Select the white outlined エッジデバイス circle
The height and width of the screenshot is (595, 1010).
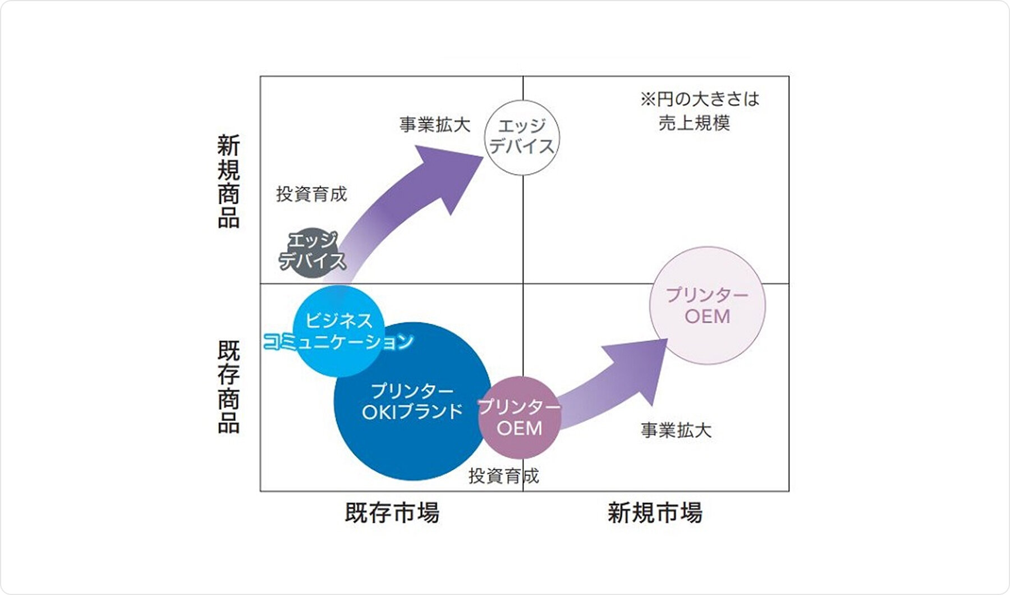click(x=522, y=138)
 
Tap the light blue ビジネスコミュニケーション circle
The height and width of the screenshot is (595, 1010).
click(x=339, y=331)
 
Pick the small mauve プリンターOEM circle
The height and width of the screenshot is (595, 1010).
click(x=520, y=418)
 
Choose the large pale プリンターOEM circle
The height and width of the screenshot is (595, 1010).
click(x=707, y=306)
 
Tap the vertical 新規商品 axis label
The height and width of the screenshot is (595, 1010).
click(x=228, y=181)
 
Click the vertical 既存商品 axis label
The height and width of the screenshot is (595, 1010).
click(x=228, y=387)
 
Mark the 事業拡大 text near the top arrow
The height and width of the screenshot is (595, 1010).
click(x=434, y=125)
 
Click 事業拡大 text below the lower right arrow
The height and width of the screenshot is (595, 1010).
click(x=676, y=431)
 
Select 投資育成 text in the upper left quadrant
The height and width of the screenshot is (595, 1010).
click(x=311, y=194)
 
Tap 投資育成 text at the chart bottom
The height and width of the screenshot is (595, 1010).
click(x=503, y=476)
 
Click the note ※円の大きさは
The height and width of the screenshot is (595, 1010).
click(x=699, y=99)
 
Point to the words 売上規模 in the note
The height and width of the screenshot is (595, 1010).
click(x=694, y=122)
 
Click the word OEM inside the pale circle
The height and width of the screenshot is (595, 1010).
click(x=707, y=317)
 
